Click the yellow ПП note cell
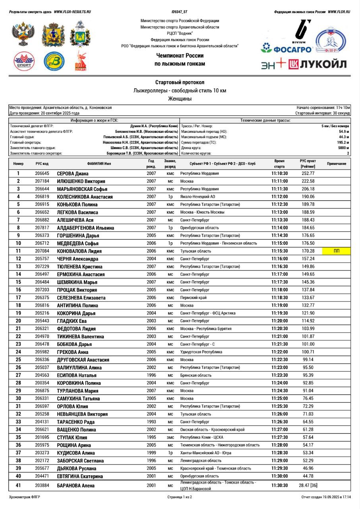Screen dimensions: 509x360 [x=337, y=251]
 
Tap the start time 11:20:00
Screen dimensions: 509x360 [x=280, y=321]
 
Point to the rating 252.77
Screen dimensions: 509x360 [x=308, y=173]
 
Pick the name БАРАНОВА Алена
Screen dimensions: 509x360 [x=75, y=486]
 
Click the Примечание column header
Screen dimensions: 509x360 [x=337, y=163]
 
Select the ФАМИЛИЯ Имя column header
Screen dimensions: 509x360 [x=99, y=163]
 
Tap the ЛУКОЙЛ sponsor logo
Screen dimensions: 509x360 [x=317, y=64]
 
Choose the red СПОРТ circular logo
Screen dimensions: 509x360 [x=24, y=61]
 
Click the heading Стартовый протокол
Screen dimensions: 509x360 [x=180, y=82]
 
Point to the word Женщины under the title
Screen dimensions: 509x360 [x=180, y=98]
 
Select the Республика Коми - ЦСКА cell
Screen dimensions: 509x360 [x=201, y=437]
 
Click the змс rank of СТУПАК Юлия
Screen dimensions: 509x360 [x=170, y=437]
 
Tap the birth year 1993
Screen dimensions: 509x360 [x=151, y=422]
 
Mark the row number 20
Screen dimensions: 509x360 [x=18, y=321]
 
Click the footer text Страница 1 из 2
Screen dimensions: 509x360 [x=180, y=497]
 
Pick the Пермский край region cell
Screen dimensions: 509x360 [x=193, y=297]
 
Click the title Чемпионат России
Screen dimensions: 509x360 [x=180, y=56]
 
